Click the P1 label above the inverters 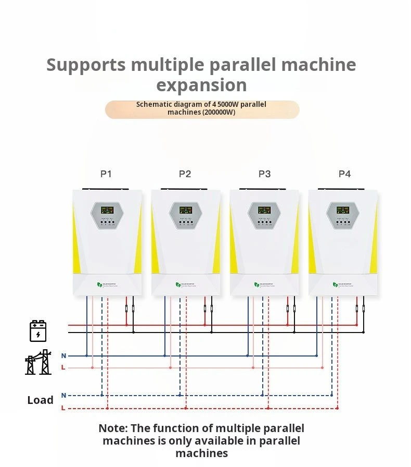(x=106, y=174)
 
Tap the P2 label (x=185, y=174)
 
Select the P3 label (x=264, y=174)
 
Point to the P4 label (x=344, y=174)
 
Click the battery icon (x=38, y=331)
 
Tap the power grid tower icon (x=38, y=362)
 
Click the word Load (x=40, y=400)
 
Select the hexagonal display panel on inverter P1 (x=107, y=215)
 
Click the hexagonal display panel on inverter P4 (x=343, y=215)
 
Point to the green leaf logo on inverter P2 (x=178, y=285)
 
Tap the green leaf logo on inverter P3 (x=256, y=285)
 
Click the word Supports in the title (x=86, y=65)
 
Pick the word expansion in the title (x=201, y=85)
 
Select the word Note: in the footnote (x=113, y=428)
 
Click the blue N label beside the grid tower (x=63, y=356)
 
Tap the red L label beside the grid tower (x=63, y=368)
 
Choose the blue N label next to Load (x=63, y=396)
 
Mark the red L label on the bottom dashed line (x=63, y=408)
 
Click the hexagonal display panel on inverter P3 (x=264, y=215)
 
